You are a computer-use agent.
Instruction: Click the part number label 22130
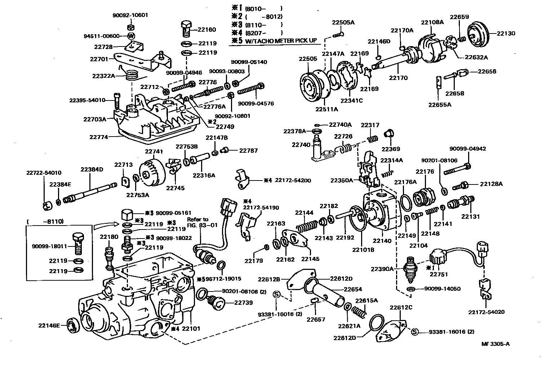pos(506,34)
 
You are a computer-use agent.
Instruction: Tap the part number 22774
pos(98,137)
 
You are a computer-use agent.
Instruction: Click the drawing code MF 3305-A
pos(496,343)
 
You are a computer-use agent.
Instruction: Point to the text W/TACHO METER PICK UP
pos(281,40)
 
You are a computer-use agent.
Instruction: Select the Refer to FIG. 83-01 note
pos(197,222)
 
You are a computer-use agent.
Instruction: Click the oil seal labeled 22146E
pos(74,325)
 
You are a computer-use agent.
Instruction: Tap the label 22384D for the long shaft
pos(92,169)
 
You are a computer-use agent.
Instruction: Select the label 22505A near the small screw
pos(343,22)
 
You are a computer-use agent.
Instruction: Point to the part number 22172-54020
pos(486,312)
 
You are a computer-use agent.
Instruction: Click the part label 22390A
pos(383,269)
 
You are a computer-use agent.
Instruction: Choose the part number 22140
pos(382,241)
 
